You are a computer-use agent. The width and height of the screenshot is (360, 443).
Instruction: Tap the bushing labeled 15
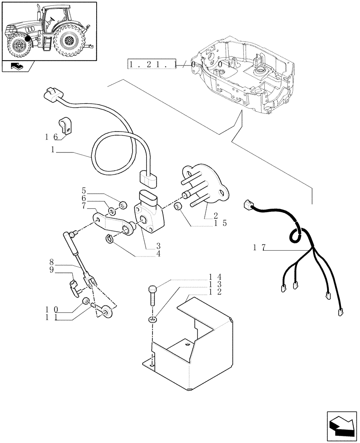tap(179, 206)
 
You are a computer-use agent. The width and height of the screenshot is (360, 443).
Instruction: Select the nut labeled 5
tap(124, 205)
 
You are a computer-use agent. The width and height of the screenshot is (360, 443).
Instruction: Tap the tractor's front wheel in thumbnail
tap(20, 45)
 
